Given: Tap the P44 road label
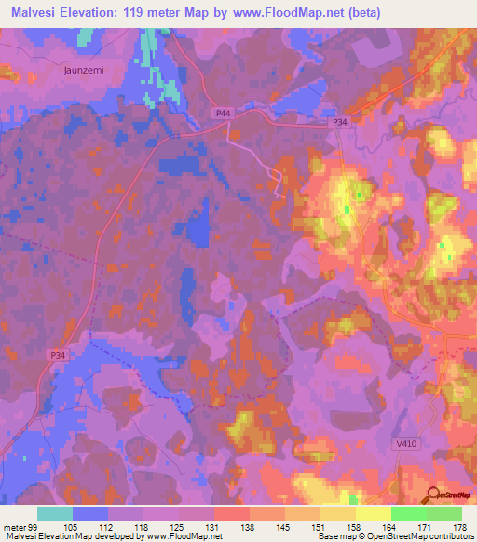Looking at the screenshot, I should (223, 113).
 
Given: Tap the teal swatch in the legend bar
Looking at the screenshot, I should (55, 513).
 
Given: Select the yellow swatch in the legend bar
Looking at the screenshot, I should (373, 513).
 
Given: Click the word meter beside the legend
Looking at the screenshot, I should (13, 527).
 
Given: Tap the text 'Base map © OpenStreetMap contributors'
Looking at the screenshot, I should (395, 536).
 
